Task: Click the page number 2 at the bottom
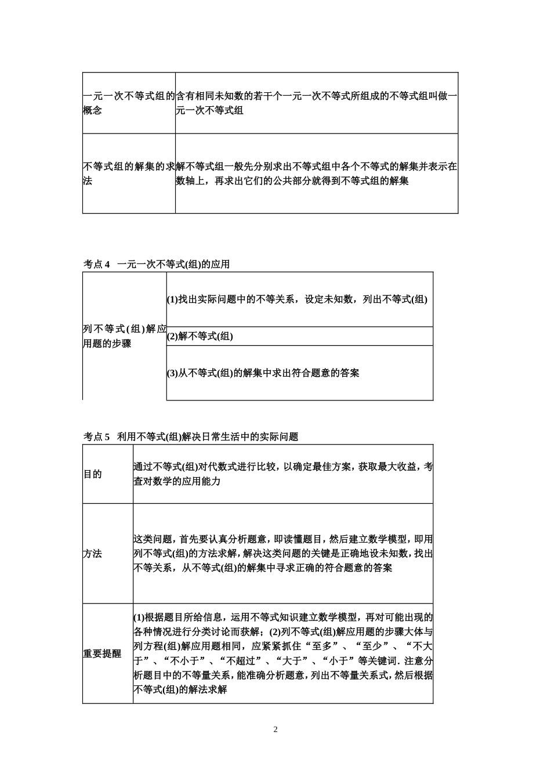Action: click(275, 730)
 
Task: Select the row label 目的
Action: click(93, 474)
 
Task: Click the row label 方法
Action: click(93, 554)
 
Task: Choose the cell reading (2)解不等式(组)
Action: click(200, 336)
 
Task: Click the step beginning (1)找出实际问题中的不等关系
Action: click(297, 299)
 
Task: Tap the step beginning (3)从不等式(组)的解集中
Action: click(263, 373)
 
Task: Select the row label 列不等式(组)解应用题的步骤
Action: click(124, 336)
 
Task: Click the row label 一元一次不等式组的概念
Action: click(128, 103)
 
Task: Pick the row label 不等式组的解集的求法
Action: click(128, 174)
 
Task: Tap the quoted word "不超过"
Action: click(242, 661)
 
